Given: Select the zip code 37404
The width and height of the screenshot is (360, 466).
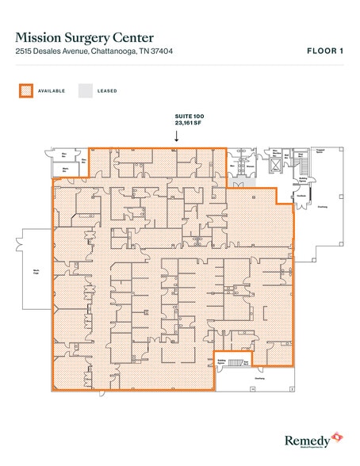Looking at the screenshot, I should click(x=162, y=52).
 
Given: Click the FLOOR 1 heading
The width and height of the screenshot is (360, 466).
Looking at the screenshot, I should click(x=324, y=52).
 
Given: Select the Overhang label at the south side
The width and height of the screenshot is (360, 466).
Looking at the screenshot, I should click(x=258, y=378).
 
